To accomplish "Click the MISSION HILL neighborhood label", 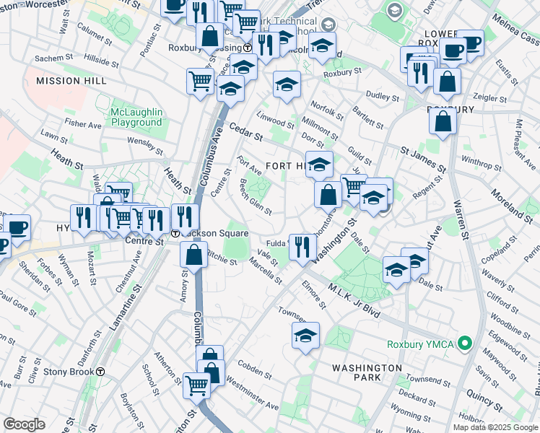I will click(67, 81).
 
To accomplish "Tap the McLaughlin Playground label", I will click(136, 117).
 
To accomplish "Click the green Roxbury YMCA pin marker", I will click(466, 344).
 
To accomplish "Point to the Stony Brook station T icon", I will click(101, 372).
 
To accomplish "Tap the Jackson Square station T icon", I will click(175, 233).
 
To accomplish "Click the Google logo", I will click(24, 424).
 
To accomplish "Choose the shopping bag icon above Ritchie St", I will click(193, 255).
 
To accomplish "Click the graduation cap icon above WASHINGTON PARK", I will click(305, 336).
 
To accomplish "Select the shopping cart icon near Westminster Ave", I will click(196, 385).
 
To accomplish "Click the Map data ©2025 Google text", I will click(495, 427).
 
